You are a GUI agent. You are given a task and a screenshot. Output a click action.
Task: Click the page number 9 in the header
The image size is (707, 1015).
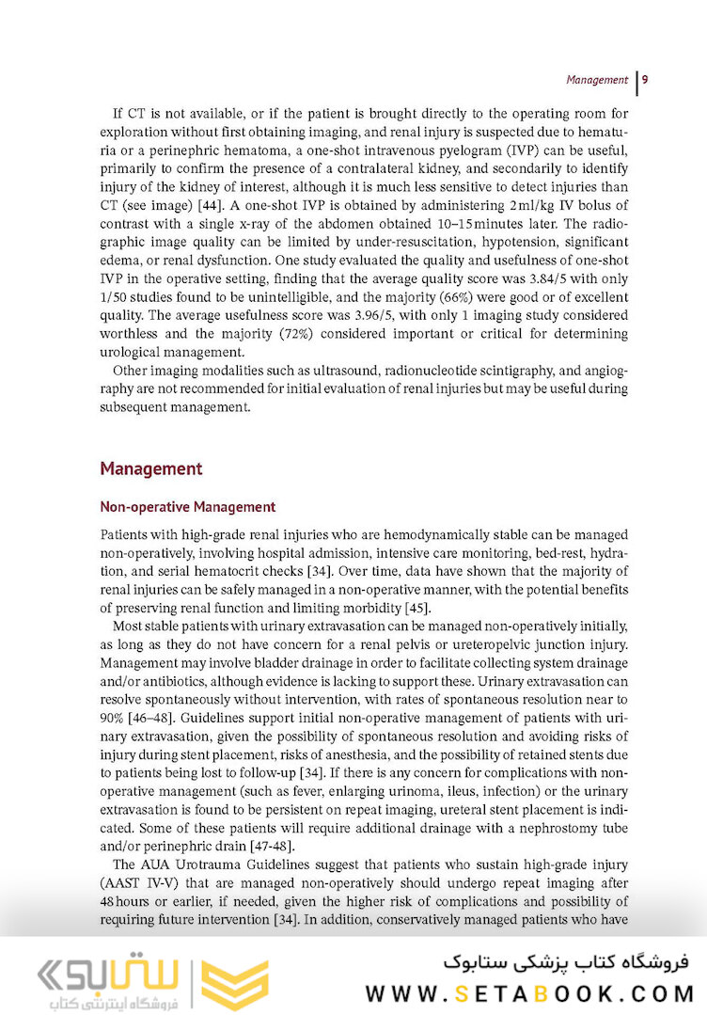(645, 80)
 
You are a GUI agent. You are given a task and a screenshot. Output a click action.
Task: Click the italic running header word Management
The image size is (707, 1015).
(597, 80)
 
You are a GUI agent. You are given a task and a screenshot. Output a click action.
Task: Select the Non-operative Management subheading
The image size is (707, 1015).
(188, 507)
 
